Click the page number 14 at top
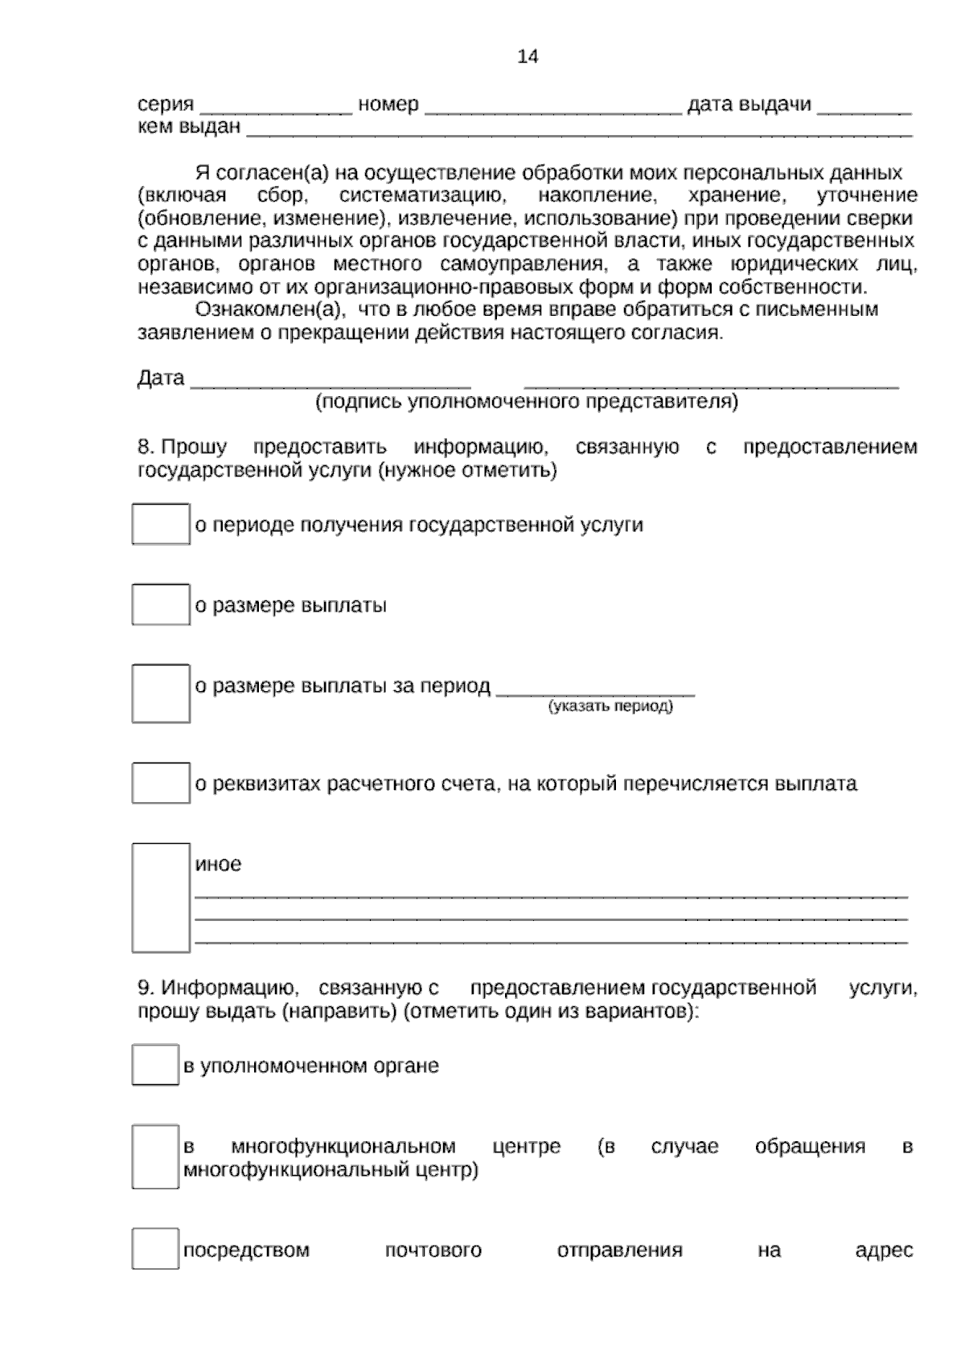pos(528,57)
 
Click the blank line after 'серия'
pos(275,111)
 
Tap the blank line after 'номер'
pos(552,111)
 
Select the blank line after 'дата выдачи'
pos(864,111)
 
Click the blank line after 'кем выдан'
pos(579,133)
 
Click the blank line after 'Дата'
pos(330,383)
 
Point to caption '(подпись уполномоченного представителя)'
pos(527,401)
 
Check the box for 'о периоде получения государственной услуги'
pos(161,524)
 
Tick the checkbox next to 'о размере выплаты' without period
pos(161,604)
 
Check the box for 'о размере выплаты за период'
pos(161,693)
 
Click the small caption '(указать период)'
pos(611,706)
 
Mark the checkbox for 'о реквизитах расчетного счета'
pos(161,783)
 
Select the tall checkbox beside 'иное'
pos(161,897)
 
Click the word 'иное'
pos(218,865)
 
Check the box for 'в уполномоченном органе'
pos(155,1065)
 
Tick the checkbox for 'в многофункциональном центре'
pos(155,1156)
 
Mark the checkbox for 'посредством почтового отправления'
pos(155,1249)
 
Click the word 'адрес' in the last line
pos(884,1250)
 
